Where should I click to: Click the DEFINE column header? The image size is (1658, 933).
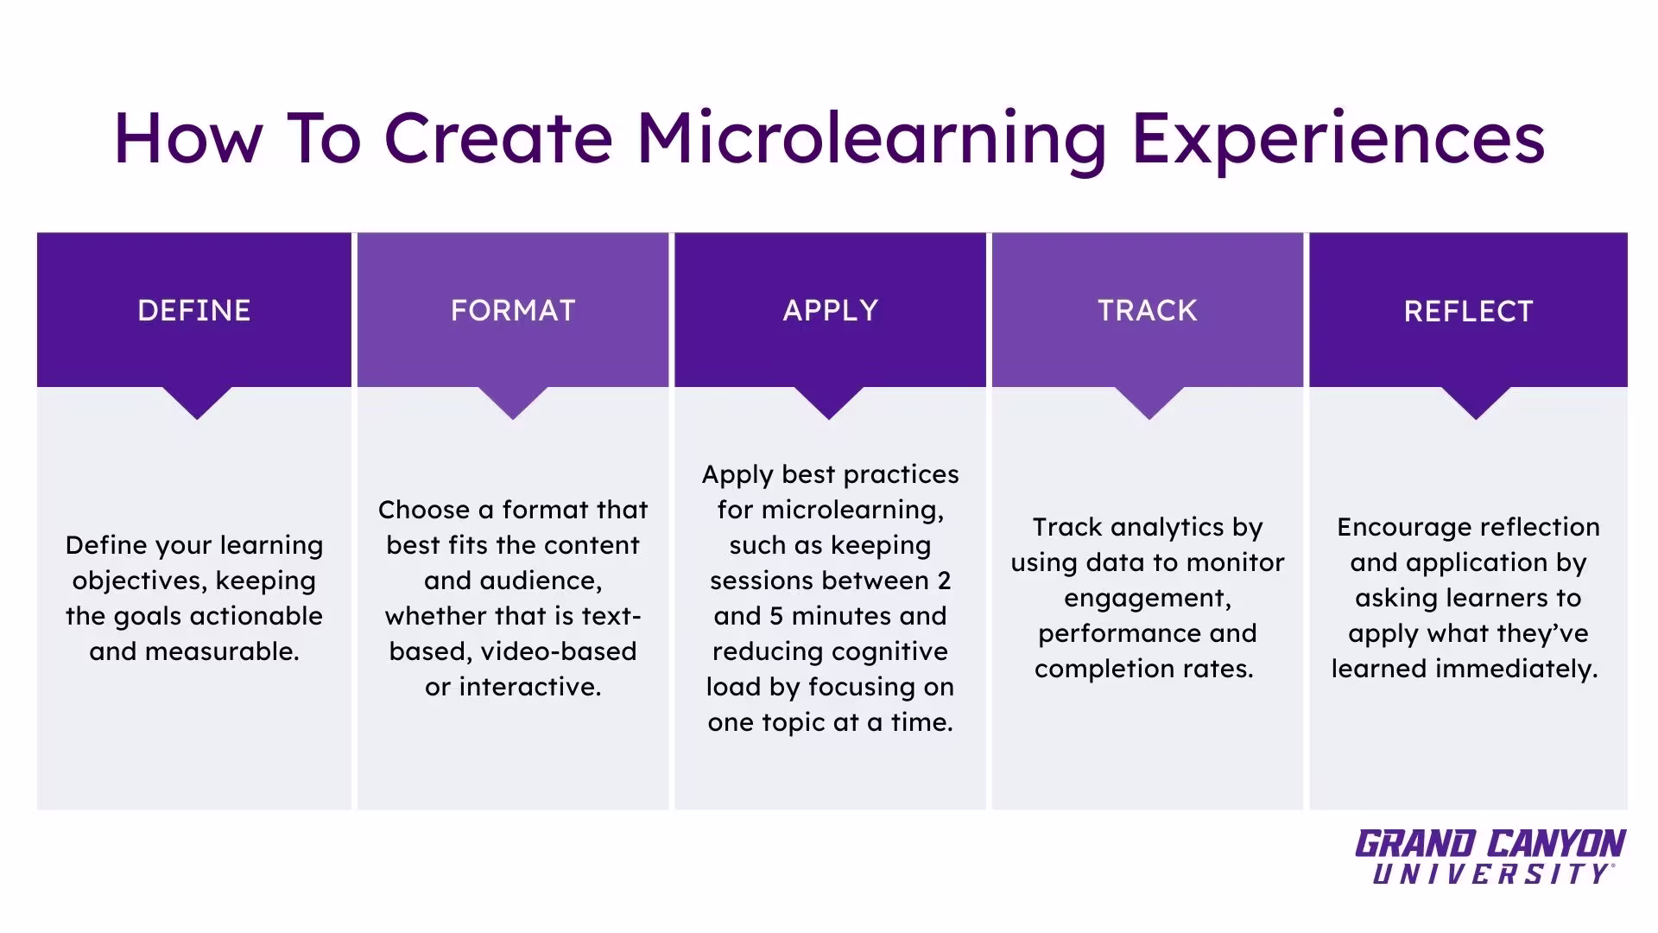point(194,310)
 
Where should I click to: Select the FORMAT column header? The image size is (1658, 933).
point(513,310)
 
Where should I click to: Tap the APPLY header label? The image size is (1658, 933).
point(831,310)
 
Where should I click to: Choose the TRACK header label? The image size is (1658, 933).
point(1148,310)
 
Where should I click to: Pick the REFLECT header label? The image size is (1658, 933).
point(1468,311)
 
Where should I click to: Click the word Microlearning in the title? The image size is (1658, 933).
point(872,138)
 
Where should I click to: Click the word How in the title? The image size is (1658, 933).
point(187,138)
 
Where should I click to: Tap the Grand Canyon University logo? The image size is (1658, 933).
point(1490,857)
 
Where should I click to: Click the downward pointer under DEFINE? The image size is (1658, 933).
point(197,403)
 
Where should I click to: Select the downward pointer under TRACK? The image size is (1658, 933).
point(1149,403)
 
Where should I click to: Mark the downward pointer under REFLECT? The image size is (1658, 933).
point(1476,403)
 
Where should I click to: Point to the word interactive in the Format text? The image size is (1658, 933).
point(529,687)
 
